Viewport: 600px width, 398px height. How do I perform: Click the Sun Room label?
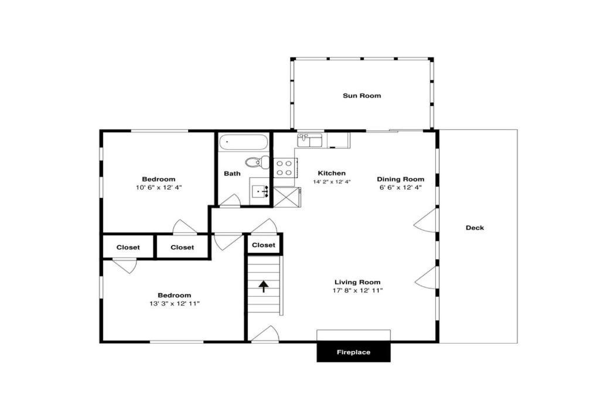pos(362,95)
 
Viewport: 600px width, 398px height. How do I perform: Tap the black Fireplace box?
pos(353,352)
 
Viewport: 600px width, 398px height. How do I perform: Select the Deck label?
pos(475,228)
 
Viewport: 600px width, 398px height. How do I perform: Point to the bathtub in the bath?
pos(243,142)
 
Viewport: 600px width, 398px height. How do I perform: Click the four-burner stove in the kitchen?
pos(284,167)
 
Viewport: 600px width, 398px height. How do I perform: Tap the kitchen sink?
pos(310,140)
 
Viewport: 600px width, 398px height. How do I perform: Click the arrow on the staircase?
pos(264,286)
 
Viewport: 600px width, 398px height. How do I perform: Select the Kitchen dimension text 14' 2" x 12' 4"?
pos(332,182)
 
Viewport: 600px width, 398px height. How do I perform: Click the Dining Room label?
pos(400,179)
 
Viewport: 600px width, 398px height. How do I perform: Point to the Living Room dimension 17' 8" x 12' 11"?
pos(357,290)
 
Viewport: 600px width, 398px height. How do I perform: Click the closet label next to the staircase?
pos(263,245)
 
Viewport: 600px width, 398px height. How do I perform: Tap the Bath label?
pos(232,173)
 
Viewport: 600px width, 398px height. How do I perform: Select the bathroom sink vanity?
pos(260,191)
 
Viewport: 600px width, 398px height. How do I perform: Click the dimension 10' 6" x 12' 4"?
pos(158,187)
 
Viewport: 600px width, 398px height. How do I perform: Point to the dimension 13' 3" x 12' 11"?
pos(175,304)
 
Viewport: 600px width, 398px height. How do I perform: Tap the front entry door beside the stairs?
pos(265,334)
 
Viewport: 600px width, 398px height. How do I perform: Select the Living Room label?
pos(357,282)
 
